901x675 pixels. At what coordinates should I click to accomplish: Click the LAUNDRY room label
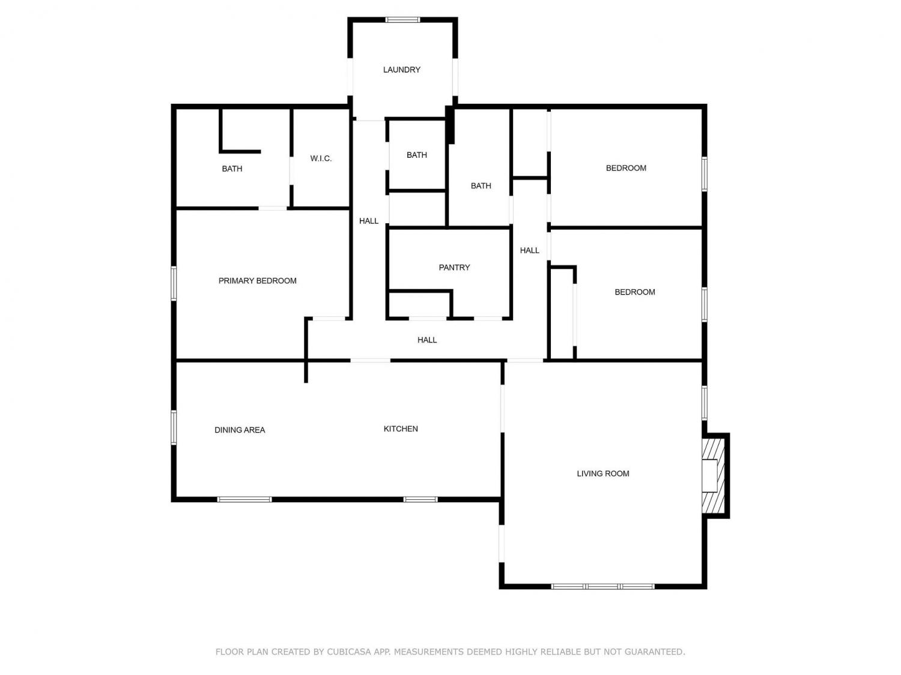pyautogui.click(x=401, y=70)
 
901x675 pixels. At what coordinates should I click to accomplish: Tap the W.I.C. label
pyautogui.click(x=321, y=158)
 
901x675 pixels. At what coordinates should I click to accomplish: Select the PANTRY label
pyautogui.click(x=454, y=267)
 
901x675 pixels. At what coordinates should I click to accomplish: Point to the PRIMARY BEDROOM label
pyautogui.click(x=257, y=281)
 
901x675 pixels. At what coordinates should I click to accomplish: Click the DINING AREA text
pyautogui.click(x=240, y=430)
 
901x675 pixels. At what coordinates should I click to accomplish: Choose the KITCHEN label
pyautogui.click(x=401, y=428)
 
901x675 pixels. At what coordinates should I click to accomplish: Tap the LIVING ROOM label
pyautogui.click(x=603, y=473)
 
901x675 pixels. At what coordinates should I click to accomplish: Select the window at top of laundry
pyautogui.click(x=402, y=20)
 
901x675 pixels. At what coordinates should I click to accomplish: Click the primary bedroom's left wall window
pyautogui.click(x=174, y=283)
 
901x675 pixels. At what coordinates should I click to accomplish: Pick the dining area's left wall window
pyautogui.click(x=174, y=427)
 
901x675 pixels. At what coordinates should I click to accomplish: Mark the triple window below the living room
pyautogui.click(x=602, y=586)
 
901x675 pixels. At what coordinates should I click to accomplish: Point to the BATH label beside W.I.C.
pyautogui.click(x=232, y=169)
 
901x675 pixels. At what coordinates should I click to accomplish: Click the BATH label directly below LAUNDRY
pyautogui.click(x=417, y=155)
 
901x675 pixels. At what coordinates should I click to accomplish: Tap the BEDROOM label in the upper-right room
pyautogui.click(x=626, y=168)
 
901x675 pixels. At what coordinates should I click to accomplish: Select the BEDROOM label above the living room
pyautogui.click(x=634, y=292)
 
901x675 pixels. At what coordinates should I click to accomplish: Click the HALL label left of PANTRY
pyautogui.click(x=369, y=221)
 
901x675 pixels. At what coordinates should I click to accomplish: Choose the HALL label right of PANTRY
pyautogui.click(x=530, y=250)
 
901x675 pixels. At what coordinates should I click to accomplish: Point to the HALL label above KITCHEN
pyautogui.click(x=427, y=340)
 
